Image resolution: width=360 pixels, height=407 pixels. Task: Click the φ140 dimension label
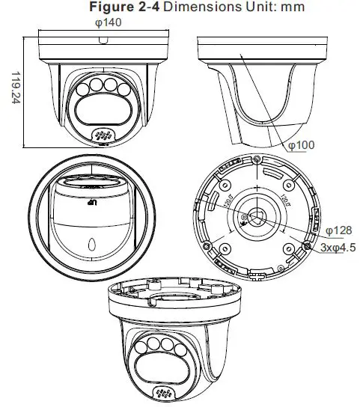point(109,22)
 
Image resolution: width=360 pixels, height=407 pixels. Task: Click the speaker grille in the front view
point(102,135)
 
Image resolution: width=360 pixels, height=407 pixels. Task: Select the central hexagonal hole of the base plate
point(257,217)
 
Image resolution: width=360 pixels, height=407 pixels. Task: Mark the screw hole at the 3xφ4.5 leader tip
point(307,243)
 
